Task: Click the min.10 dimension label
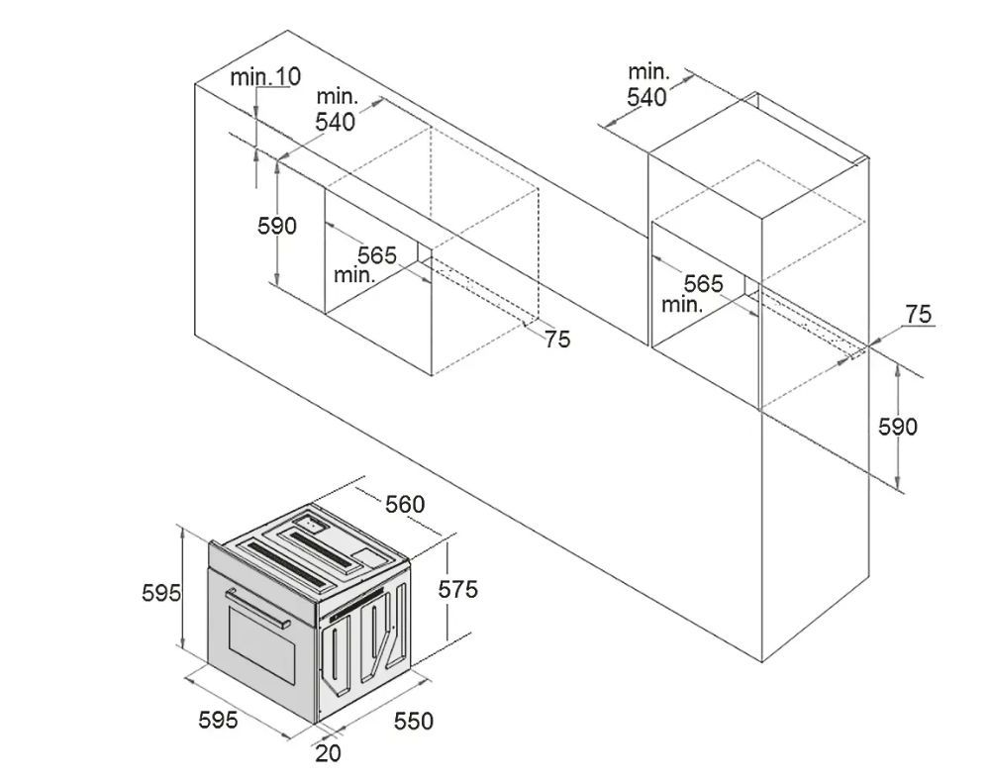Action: [265, 76]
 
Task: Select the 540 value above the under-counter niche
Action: [336, 121]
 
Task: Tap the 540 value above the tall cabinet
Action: [646, 97]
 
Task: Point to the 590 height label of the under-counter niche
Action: [276, 226]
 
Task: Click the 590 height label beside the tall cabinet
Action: [898, 427]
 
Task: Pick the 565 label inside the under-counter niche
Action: [377, 255]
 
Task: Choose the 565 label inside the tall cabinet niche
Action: [703, 283]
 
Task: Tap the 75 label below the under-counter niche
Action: [557, 340]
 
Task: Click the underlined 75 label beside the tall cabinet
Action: [919, 314]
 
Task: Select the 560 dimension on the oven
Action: [405, 504]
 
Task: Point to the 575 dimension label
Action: [458, 589]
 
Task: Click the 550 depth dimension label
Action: [414, 721]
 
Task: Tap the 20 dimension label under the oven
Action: [328, 752]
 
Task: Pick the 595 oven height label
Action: [161, 593]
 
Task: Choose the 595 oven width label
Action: [219, 719]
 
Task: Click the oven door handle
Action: [257, 609]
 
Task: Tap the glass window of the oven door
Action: [261, 644]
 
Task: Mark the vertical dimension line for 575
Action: [446, 590]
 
